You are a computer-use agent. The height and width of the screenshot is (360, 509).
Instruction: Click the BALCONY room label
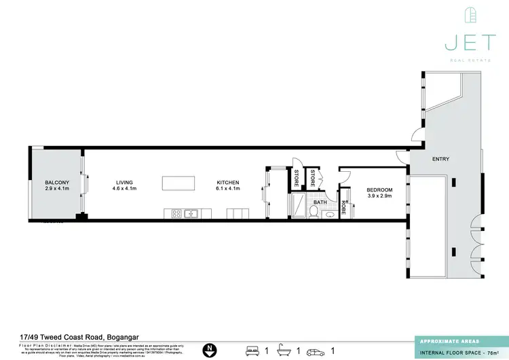57,183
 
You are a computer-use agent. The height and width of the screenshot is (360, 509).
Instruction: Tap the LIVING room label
124,183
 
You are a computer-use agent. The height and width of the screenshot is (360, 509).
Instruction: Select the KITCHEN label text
228,183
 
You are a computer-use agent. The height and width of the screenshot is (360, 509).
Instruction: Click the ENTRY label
440,159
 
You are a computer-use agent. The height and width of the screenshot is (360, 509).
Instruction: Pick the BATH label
319,202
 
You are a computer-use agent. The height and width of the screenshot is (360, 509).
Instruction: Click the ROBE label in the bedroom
344,206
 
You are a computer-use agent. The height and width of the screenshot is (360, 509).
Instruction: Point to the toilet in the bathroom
313,213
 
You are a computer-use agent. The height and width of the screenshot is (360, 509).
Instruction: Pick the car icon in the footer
315,350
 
